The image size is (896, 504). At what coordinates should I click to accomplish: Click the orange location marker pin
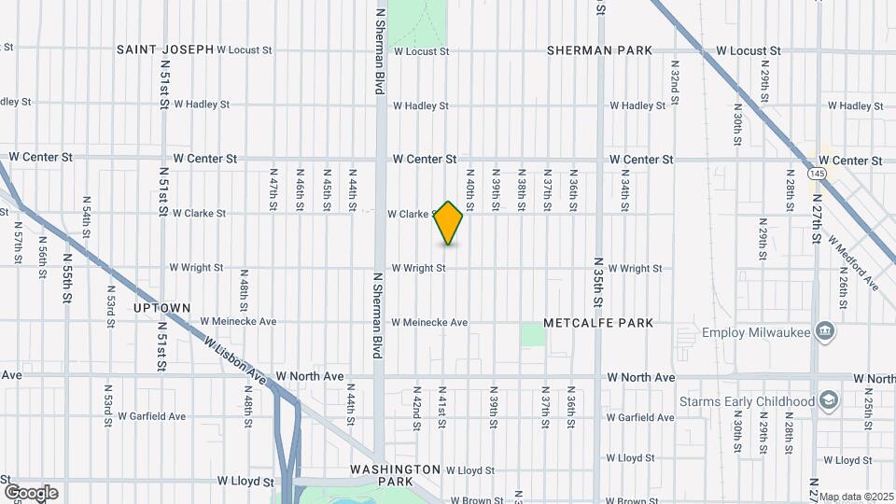point(449,223)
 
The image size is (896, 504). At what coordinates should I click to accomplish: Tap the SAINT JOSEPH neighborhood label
point(165,49)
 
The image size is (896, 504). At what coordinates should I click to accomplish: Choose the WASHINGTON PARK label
point(396,474)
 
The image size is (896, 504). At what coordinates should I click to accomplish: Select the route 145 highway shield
point(819,174)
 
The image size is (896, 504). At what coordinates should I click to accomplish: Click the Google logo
point(31,493)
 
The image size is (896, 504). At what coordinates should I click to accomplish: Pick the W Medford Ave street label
point(860,261)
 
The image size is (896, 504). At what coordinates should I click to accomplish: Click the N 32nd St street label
point(674,83)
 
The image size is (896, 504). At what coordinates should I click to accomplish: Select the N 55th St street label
point(67,279)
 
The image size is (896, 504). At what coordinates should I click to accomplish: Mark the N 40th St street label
point(470,188)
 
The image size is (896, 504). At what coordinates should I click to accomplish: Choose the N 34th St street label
point(624,188)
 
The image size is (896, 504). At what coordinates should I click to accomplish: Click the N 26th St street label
point(842,287)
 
